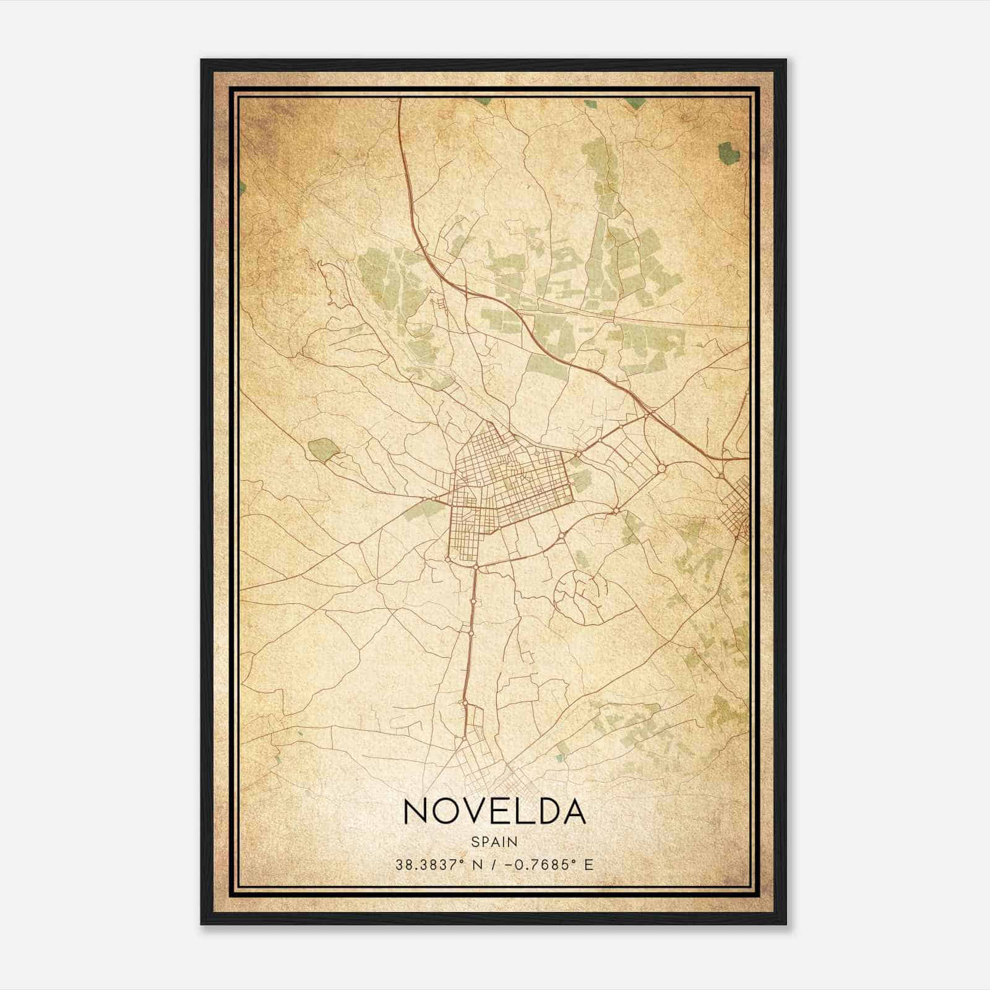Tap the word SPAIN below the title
click(494, 841)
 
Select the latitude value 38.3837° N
click(437, 864)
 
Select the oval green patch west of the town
click(321, 449)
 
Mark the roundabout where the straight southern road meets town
click(476, 566)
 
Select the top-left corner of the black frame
click(202, 61)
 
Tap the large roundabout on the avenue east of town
click(661, 468)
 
